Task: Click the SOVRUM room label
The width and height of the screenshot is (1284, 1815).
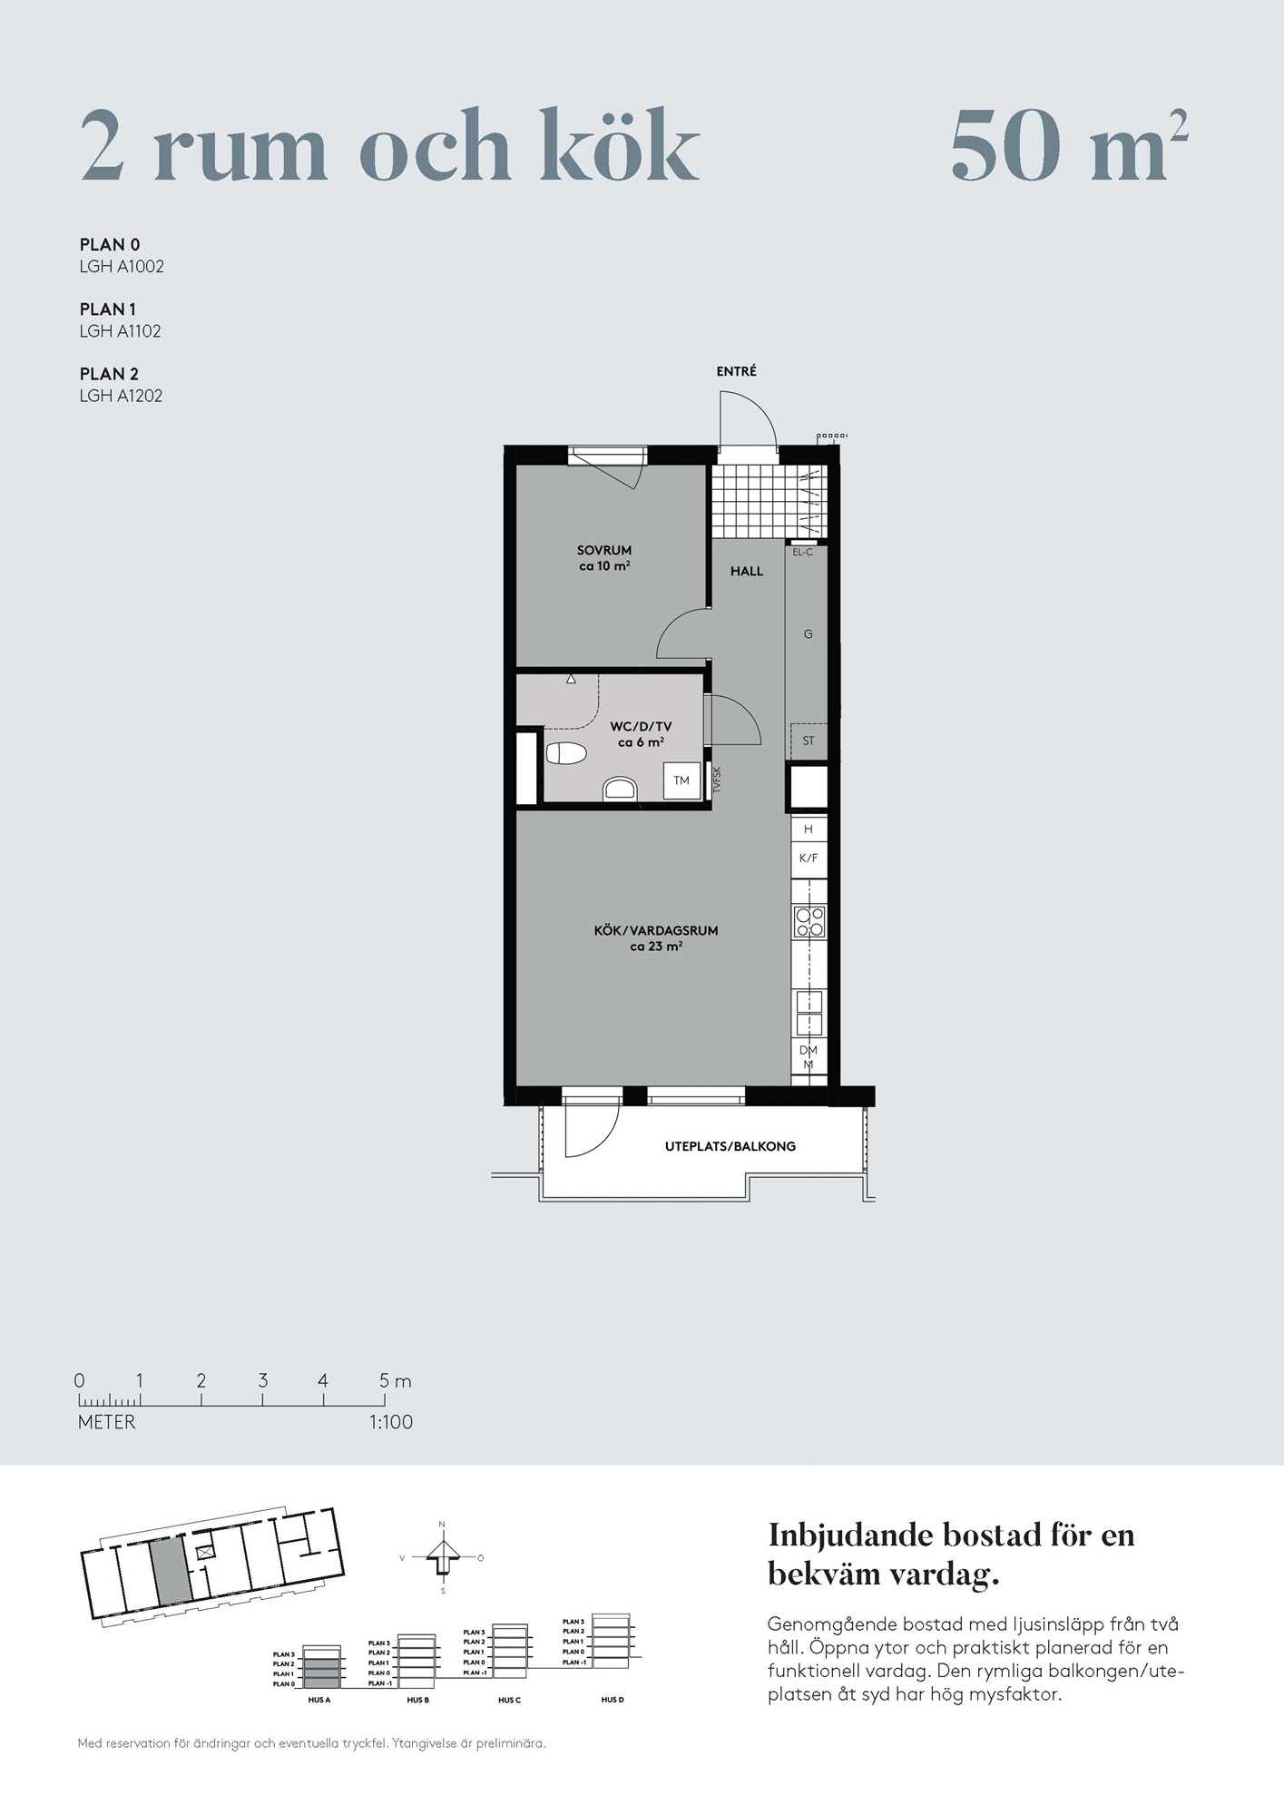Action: click(604, 550)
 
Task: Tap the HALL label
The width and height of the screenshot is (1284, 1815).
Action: click(747, 571)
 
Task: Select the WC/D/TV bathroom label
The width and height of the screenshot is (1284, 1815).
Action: click(641, 726)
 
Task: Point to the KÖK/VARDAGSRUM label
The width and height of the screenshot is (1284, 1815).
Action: click(656, 930)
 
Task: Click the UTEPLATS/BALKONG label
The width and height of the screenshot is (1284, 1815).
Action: click(730, 1146)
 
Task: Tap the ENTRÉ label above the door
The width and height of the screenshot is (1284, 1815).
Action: click(736, 371)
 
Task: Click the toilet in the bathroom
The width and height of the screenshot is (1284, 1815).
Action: click(566, 753)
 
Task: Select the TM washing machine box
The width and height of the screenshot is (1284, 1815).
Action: click(681, 780)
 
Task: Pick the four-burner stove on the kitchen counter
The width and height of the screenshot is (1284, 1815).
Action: click(809, 921)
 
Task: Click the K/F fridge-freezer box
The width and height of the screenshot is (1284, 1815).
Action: click(809, 858)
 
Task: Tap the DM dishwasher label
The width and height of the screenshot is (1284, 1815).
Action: click(809, 1050)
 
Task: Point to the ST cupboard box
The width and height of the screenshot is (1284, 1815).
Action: click(809, 741)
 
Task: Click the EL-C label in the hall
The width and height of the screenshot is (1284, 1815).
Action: click(803, 552)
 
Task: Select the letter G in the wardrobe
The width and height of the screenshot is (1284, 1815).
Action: click(809, 634)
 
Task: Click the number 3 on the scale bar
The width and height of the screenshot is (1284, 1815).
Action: click(262, 1380)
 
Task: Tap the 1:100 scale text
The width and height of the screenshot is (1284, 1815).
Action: click(391, 1422)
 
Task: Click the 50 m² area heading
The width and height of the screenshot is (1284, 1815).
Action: click(1070, 145)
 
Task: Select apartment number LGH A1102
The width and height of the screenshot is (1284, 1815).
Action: click(121, 331)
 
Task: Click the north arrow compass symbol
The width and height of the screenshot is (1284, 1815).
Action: click(443, 1557)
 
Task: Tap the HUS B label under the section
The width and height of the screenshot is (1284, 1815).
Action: click(417, 1700)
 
